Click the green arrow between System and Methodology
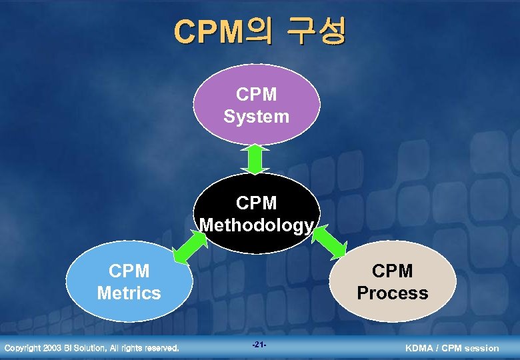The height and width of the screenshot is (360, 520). click(x=257, y=159)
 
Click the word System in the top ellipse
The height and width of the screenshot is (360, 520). click(x=257, y=117)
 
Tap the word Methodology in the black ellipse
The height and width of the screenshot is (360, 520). click(x=257, y=225)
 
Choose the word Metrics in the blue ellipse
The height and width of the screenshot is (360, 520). click(x=129, y=293)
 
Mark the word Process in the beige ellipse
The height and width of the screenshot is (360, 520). click(x=393, y=293)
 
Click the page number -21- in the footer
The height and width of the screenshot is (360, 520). click(x=259, y=345)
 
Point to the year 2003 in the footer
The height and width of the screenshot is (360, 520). click(x=53, y=348)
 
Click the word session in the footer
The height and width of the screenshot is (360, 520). click(x=481, y=348)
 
